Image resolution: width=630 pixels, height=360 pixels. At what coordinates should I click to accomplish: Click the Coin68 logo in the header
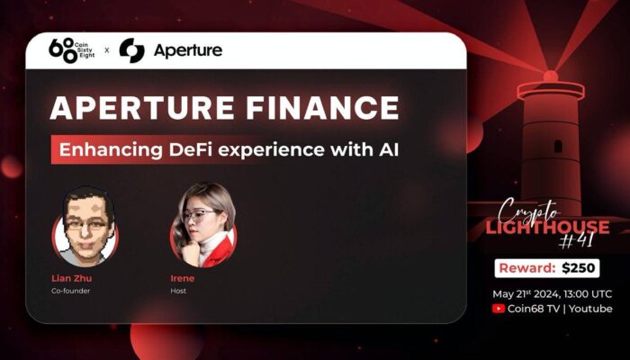point(71,50)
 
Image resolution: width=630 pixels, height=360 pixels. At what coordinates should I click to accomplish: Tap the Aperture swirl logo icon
point(131,50)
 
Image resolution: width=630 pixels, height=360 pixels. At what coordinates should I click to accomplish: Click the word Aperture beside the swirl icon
point(188,51)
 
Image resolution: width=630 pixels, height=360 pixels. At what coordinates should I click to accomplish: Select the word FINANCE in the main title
point(322,108)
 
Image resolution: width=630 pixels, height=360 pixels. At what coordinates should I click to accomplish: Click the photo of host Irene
point(203,225)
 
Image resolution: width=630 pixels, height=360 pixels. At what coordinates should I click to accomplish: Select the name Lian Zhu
point(71,278)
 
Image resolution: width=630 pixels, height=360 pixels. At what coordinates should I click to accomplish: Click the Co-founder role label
point(71,291)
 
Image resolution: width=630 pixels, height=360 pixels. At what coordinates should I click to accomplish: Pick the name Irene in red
point(183,278)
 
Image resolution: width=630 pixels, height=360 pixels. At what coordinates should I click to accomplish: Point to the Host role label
point(178,291)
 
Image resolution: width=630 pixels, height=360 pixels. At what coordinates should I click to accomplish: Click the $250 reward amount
point(578,268)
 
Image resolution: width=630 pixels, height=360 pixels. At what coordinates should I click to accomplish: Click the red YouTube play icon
point(499,309)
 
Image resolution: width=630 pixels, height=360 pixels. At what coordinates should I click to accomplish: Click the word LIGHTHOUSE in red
point(547,227)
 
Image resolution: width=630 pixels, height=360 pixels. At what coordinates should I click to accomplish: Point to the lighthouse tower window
point(558,146)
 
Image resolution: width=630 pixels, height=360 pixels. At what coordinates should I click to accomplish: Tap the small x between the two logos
point(107,50)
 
